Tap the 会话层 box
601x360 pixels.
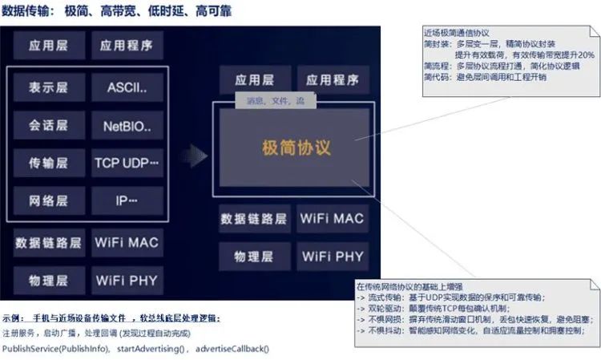(x=47, y=126)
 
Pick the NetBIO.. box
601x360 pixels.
(x=127, y=126)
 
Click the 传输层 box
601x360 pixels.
(x=47, y=163)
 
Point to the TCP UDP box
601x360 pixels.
(x=127, y=163)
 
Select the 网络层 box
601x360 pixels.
(x=47, y=200)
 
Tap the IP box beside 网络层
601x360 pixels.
(x=127, y=200)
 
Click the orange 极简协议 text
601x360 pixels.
(x=296, y=148)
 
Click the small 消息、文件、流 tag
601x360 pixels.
(x=275, y=102)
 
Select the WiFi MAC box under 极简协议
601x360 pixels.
(x=332, y=218)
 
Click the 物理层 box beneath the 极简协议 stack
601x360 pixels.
(x=253, y=257)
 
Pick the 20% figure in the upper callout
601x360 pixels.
(x=585, y=55)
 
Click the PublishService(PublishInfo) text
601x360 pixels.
(x=57, y=349)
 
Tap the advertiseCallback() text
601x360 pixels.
(x=232, y=349)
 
